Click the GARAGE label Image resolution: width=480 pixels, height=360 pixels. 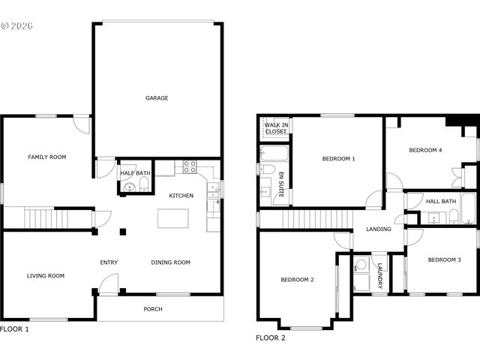pyautogui.click(x=157, y=97)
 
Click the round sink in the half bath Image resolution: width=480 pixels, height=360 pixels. pyautogui.click(x=129, y=187)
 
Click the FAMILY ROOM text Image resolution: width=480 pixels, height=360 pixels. pyautogui.click(x=47, y=157)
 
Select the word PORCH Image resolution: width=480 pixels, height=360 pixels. pyautogui.click(x=153, y=309)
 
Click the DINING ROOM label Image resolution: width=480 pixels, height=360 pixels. pyautogui.click(x=171, y=262)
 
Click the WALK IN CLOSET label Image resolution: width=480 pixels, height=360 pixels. pyautogui.click(x=275, y=128)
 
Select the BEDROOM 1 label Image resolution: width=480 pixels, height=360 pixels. pyautogui.click(x=339, y=158)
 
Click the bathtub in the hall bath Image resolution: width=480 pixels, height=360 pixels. pyautogui.click(x=468, y=209)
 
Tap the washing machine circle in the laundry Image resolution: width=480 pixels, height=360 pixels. pyautogui.click(x=361, y=265)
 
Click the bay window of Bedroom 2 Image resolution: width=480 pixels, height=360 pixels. pyautogui.click(x=306, y=327)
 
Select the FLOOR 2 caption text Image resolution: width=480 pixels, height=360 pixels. pyautogui.click(x=271, y=338)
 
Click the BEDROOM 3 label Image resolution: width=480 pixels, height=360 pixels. pyautogui.click(x=444, y=260)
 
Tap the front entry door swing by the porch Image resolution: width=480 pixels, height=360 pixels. pyautogui.click(x=109, y=283)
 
